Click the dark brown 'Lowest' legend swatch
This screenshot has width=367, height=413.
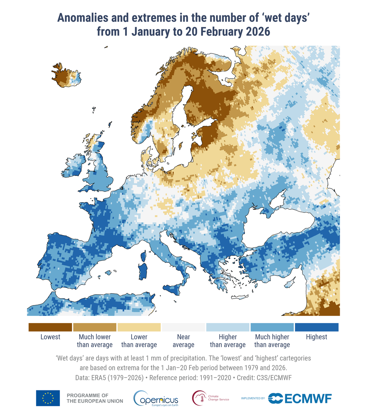(x=50, y=327)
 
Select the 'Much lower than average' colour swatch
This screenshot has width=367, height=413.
(x=95, y=327)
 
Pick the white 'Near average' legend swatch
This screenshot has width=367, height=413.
(x=183, y=327)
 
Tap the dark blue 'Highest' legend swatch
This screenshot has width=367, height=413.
(x=316, y=327)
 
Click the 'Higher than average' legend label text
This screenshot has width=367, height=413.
(x=228, y=341)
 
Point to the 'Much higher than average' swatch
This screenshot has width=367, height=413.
(x=272, y=327)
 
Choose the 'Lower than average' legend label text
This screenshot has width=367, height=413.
(x=139, y=341)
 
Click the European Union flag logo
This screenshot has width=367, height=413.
(x=48, y=398)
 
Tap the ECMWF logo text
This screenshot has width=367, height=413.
(x=308, y=398)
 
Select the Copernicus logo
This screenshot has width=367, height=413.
(x=156, y=398)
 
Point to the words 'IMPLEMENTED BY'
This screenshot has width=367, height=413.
(x=253, y=398)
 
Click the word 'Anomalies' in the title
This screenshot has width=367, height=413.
(x=84, y=18)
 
